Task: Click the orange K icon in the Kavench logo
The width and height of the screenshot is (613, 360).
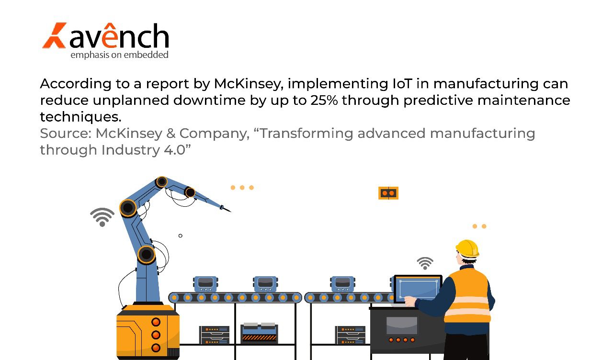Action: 54,35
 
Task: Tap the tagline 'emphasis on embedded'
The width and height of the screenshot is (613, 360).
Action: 119,55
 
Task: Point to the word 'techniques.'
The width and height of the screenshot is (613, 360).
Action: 80,117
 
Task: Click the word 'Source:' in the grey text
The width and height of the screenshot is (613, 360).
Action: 65,134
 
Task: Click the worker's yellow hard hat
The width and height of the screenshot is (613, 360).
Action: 467,248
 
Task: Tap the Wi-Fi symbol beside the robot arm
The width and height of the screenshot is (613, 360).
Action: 102,217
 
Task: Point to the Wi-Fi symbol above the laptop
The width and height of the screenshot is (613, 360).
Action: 425,263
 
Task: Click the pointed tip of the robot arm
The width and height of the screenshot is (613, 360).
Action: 229,211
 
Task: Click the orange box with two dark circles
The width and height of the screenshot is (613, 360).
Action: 388,193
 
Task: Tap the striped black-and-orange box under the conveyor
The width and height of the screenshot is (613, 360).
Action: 259,334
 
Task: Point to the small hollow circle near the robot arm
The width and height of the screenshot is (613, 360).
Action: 180,236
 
